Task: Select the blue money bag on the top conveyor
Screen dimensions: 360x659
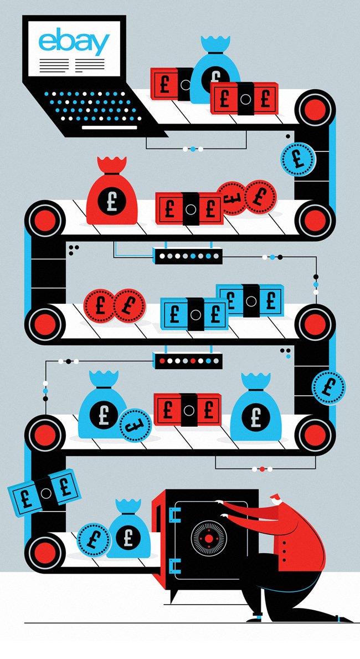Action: (x=215, y=72)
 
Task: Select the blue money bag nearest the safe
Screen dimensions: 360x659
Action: (x=128, y=531)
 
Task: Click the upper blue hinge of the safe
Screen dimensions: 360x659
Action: (x=174, y=515)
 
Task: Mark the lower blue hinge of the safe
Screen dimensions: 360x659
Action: (x=174, y=566)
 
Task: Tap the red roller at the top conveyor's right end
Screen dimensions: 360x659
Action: (x=315, y=108)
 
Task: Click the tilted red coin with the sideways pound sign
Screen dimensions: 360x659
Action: (x=231, y=198)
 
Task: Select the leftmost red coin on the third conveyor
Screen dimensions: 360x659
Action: (x=100, y=305)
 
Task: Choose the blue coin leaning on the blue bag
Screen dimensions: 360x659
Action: (x=135, y=425)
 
